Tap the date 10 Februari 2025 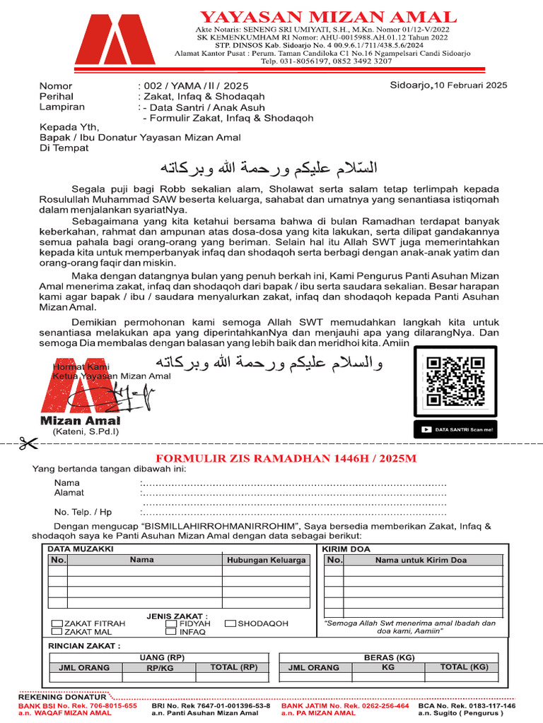[471, 85]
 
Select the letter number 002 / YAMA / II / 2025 [185, 86]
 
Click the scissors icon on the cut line [29, 443]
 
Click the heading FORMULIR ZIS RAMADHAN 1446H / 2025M [286, 458]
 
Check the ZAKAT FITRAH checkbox [57, 624]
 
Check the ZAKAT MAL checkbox [57, 633]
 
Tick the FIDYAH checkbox [171, 624]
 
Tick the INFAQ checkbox [171, 633]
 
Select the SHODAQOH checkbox [230, 624]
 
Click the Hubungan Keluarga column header [266, 560]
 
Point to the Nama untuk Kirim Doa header [421, 560]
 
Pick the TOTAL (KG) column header [464, 667]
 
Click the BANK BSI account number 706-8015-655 [104, 705]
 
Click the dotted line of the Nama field [293, 484]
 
